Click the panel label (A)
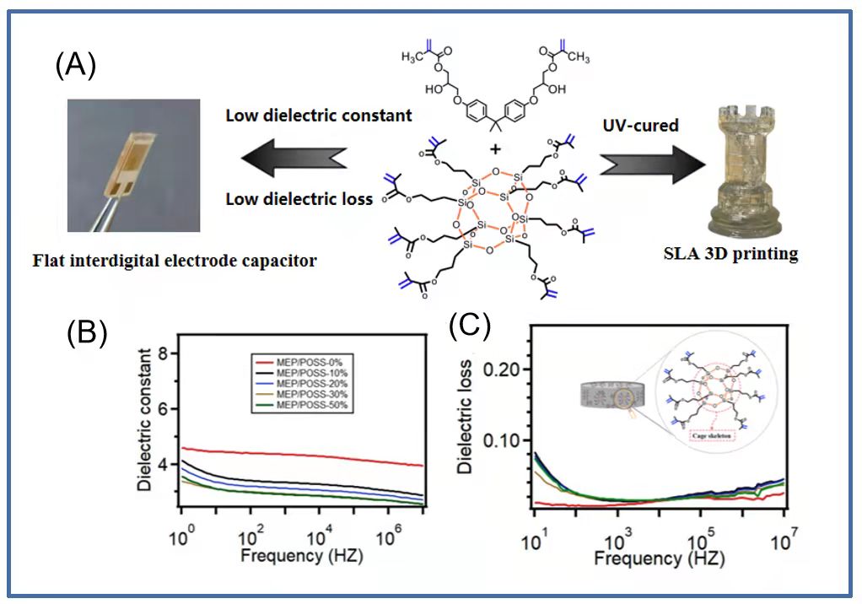[x=76, y=65]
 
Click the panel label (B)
[x=88, y=332]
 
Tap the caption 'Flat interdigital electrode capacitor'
[x=175, y=261]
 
